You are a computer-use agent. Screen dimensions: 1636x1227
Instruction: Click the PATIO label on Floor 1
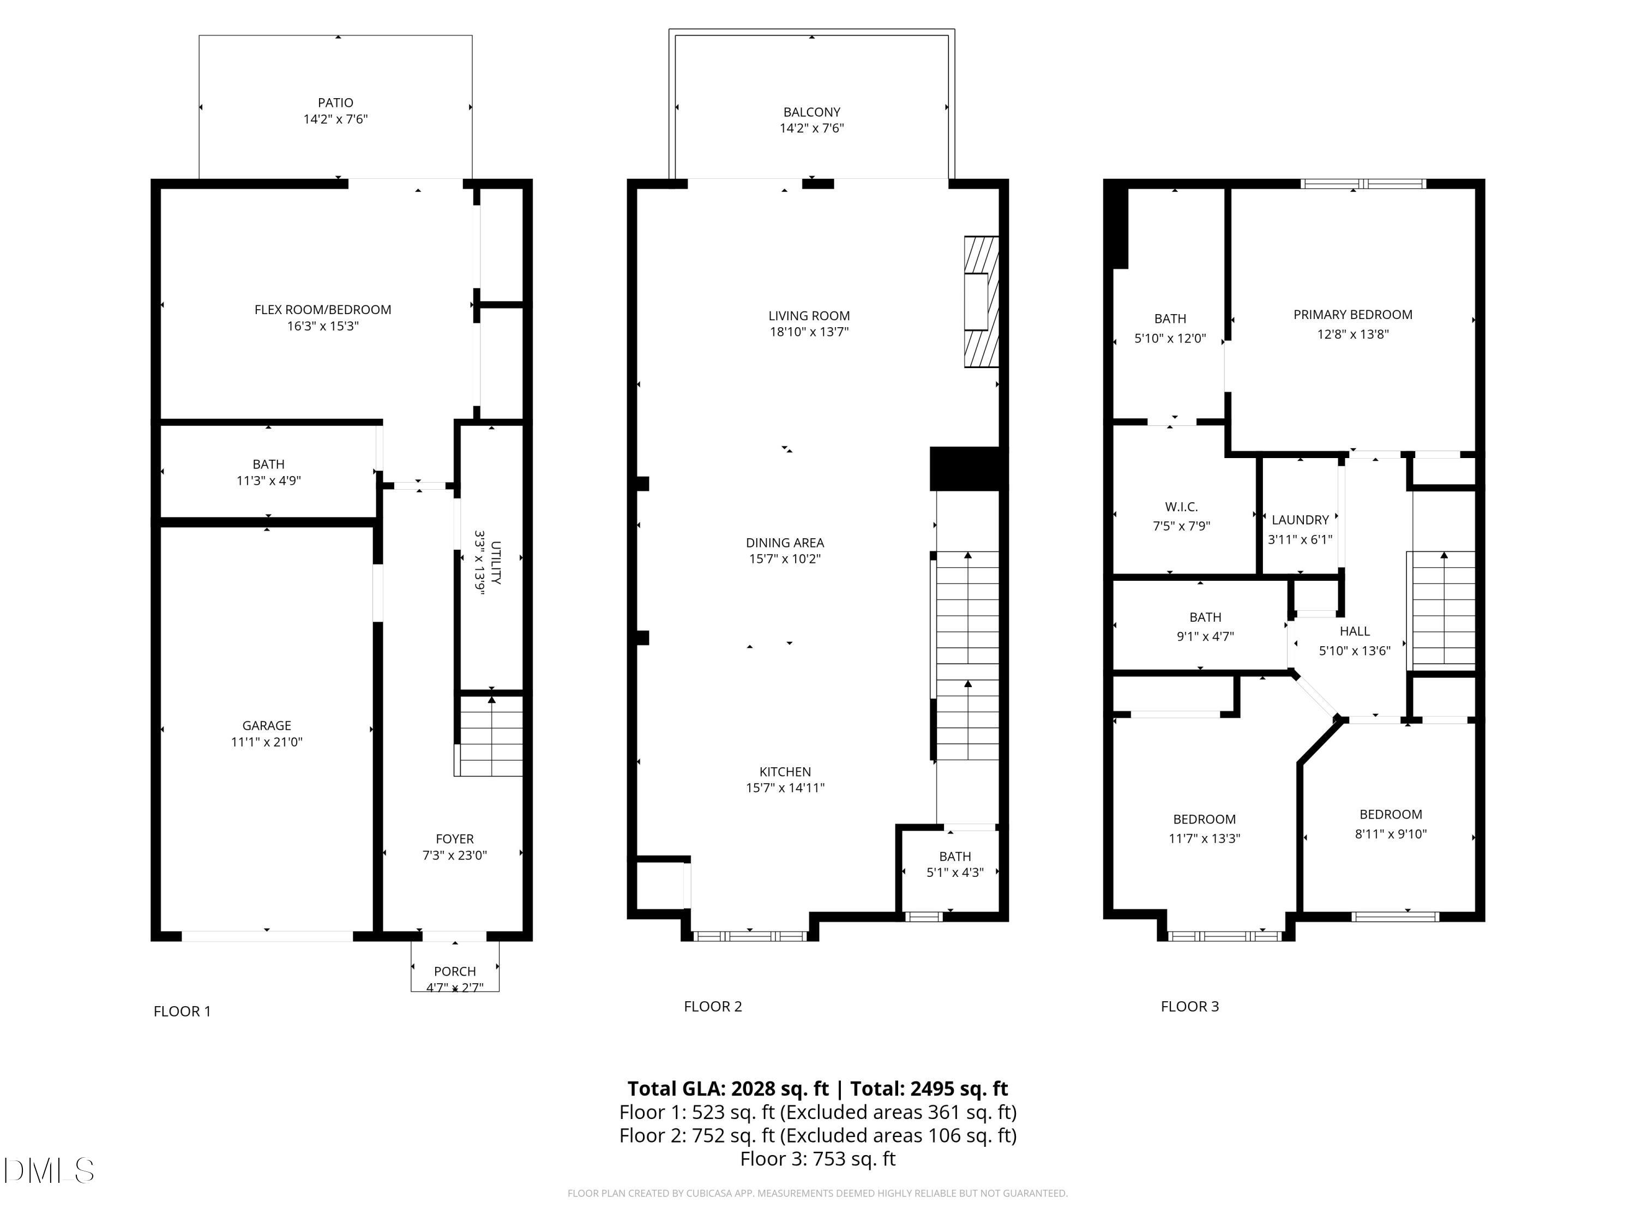click(x=336, y=103)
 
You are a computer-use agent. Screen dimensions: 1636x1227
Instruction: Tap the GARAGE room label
click(x=267, y=725)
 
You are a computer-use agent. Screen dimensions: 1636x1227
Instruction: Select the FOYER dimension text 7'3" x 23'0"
click(x=455, y=856)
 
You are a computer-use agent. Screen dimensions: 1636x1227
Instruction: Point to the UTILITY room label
click(x=496, y=563)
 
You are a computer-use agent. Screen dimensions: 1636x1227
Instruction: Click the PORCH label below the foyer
click(x=455, y=971)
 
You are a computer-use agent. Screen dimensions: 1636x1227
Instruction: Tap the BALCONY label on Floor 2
click(x=812, y=112)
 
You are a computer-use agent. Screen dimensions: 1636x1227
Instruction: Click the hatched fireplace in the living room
click(x=982, y=302)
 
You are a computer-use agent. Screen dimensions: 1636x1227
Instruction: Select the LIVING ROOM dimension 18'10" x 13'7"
click(x=809, y=332)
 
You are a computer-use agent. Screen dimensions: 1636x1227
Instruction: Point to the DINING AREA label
click(x=785, y=543)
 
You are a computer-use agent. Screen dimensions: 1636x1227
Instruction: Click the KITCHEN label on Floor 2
click(x=785, y=772)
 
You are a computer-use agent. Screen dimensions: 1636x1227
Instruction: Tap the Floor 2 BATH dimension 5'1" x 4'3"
click(x=955, y=873)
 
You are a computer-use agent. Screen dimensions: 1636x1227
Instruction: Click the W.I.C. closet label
click(x=1181, y=507)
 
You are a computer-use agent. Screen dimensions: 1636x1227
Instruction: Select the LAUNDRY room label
click(x=1300, y=520)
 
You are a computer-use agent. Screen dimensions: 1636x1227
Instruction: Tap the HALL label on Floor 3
click(x=1355, y=631)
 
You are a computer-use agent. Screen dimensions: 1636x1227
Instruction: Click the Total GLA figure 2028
click(x=754, y=1088)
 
